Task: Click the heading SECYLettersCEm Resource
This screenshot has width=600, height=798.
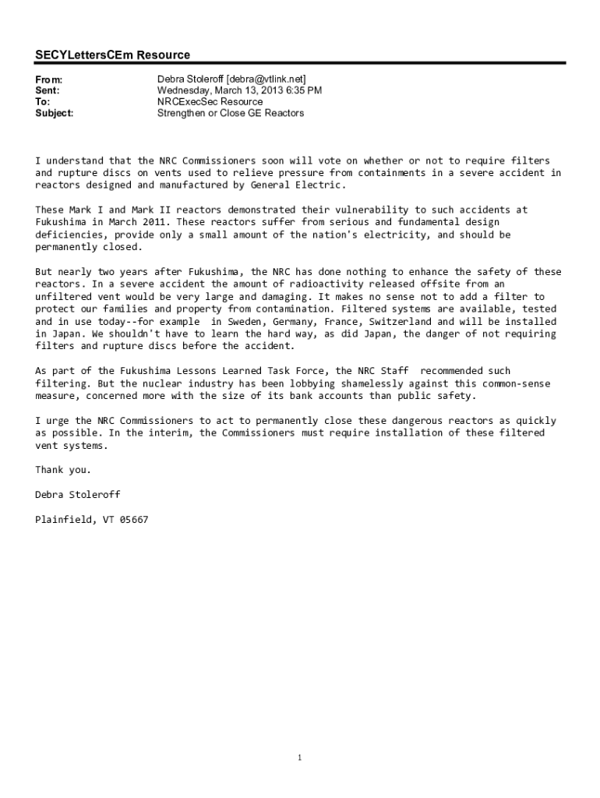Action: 112,55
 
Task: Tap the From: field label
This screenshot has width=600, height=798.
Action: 48,79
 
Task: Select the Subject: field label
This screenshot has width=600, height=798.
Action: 55,113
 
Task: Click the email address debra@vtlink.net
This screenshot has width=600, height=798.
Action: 266,79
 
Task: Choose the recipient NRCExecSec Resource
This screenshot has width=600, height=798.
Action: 210,101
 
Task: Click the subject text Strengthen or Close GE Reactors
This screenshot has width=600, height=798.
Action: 231,113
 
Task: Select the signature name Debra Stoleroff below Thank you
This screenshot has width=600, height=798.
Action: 78,494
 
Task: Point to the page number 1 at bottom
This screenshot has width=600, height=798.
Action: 300,758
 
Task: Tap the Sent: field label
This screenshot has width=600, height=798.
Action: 48,90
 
